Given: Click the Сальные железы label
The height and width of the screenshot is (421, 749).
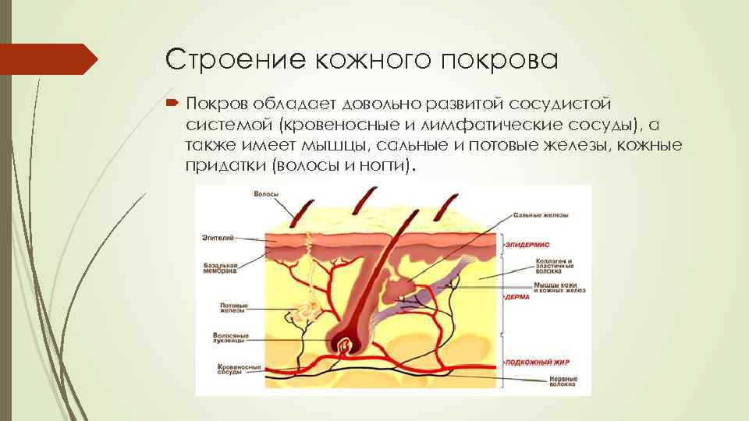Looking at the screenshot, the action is point(541,215).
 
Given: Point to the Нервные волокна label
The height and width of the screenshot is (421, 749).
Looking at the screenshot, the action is point(563,381).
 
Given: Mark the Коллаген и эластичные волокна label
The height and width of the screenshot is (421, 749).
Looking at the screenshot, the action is point(559,265).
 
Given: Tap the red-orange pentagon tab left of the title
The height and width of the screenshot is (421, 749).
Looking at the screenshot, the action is point(47,59).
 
